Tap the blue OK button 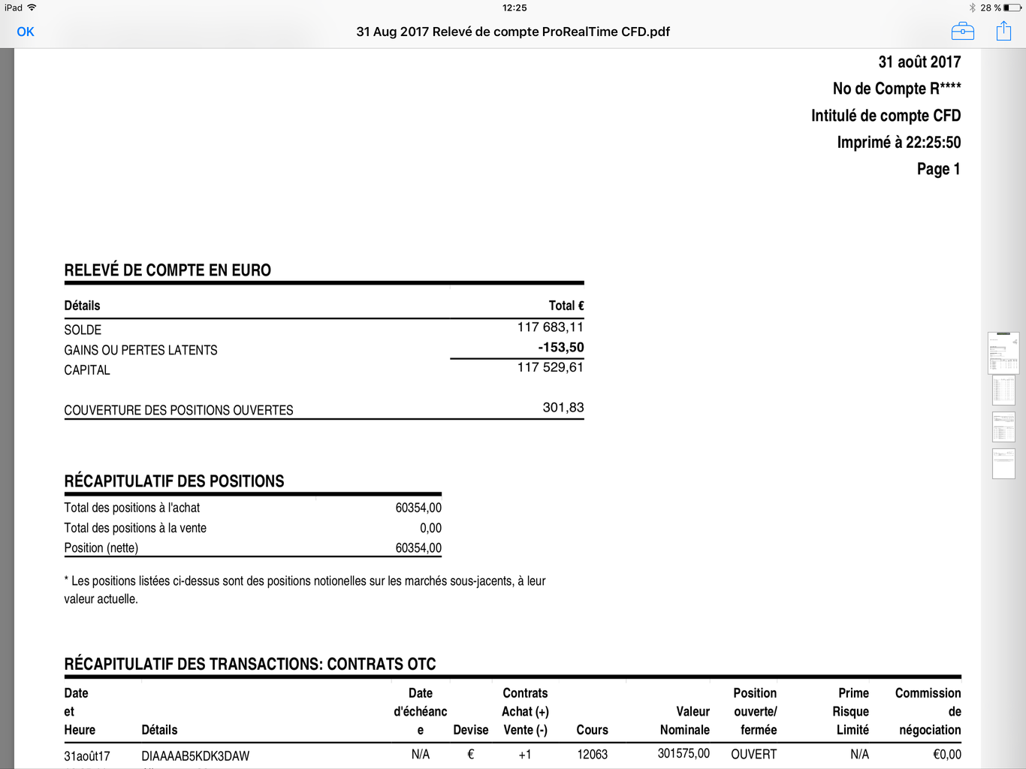(26, 32)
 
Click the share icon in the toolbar (1003, 31)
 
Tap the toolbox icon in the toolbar (962, 32)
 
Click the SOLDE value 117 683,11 (550, 327)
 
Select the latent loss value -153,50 (560, 348)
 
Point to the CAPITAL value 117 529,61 (550, 367)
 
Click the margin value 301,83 (563, 408)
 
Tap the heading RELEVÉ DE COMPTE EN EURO (167, 270)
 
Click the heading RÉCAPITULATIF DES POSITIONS (174, 481)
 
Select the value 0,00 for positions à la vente (430, 528)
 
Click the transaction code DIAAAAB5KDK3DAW (195, 755)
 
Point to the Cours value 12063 (592, 754)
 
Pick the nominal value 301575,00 (683, 753)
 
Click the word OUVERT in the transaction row (753, 754)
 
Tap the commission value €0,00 (946, 754)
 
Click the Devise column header (471, 730)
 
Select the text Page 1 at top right (938, 169)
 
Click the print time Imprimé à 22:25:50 (898, 143)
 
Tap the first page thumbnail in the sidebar (1003, 352)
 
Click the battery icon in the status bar (1012, 8)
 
